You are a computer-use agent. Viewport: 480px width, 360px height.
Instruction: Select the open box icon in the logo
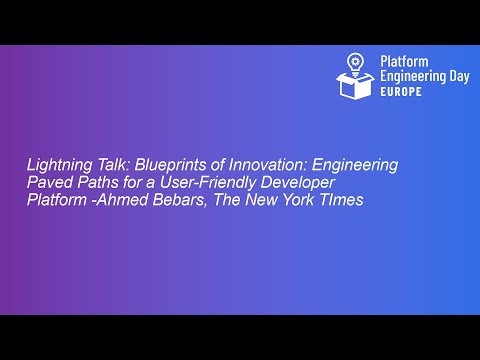point(357,82)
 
